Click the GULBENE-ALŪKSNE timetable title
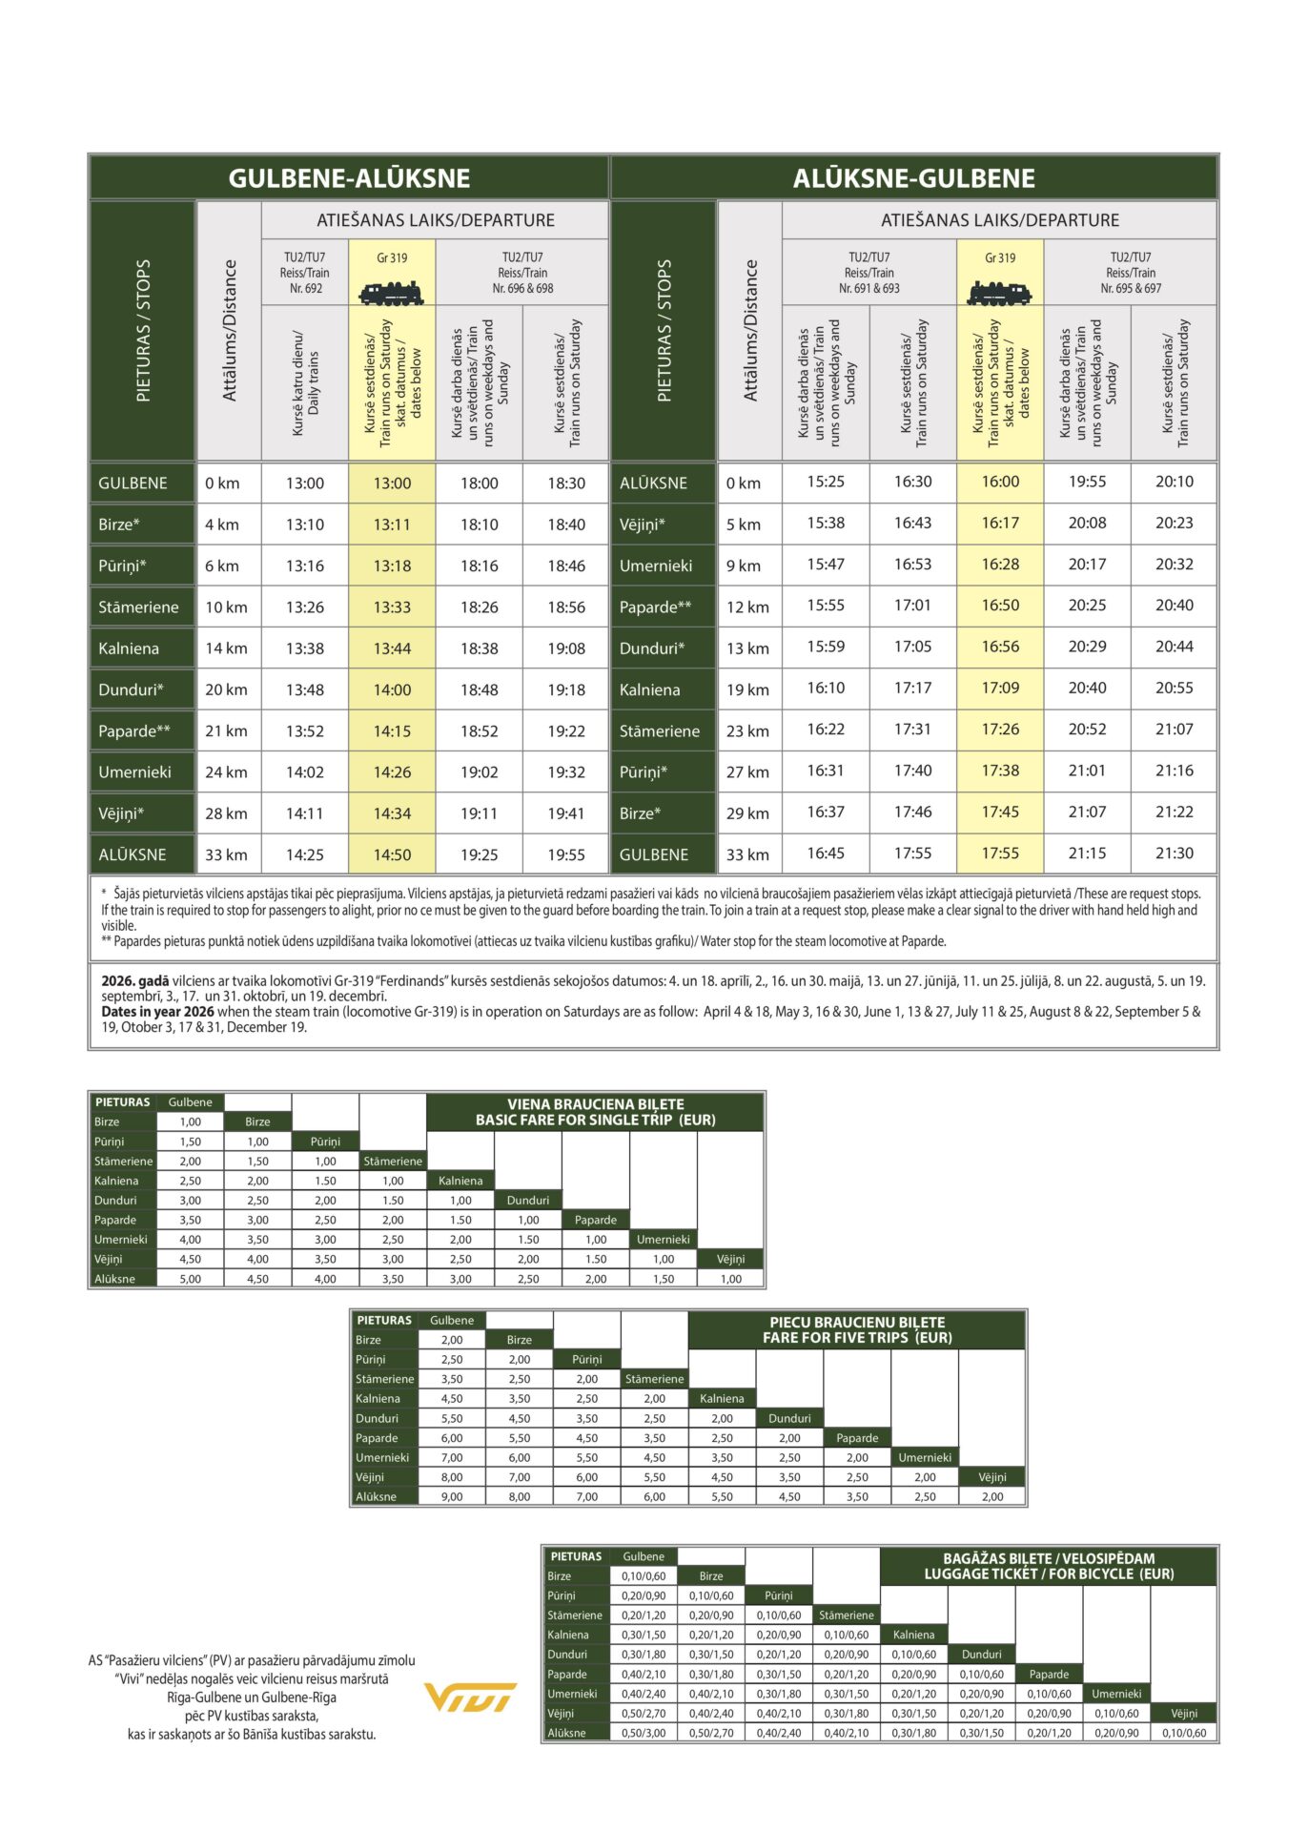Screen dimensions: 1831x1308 pyautogui.click(x=349, y=178)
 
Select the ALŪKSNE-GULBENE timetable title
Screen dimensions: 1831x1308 pyautogui.click(x=913, y=178)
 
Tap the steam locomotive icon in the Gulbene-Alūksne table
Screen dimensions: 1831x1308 pyautogui.click(x=392, y=292)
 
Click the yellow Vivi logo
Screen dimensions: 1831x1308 pyautogui.click(x=469, y=1697)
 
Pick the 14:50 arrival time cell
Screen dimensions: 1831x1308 pyautogui.click(x=392, y=854)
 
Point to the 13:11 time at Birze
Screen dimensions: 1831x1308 pyautogui.click(x=392, y=525)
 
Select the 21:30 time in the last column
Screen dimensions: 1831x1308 pyautogui.click(x=1174, y=854)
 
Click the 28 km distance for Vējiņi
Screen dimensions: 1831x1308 pyautogui.click(x=226, y=813)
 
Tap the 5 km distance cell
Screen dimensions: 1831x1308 pyautogui.click(x=744, y=525)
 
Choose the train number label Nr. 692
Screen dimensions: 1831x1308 pyautogui.click(x=305, y=288)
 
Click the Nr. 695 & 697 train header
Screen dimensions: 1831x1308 pyautogui.click(x=1131, y=288)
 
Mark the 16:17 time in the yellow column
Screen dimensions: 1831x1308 pyautogui.click(x=1000, y=523)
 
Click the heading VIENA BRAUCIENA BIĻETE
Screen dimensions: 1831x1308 pyautogui.click(x=595, y=1104)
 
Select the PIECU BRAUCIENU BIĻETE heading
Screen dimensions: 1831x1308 pyautogui.click(x=857, y=1323)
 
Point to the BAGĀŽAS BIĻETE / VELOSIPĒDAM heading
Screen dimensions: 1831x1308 pyautogui.click(x=1049, y=1558)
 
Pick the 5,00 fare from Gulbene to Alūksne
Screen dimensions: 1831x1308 pyautogui.click(x=191, y=1279)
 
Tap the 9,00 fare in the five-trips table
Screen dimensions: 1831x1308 pyautogui.click(x=452, y=1496)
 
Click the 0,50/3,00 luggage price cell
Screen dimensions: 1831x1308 pyautogui.click(x=644, y=1733)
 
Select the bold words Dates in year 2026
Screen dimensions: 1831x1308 pyautogui.click(x=157, y=1012)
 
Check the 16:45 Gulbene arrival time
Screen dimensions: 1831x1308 pyautogui.click(x=826, y=854)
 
